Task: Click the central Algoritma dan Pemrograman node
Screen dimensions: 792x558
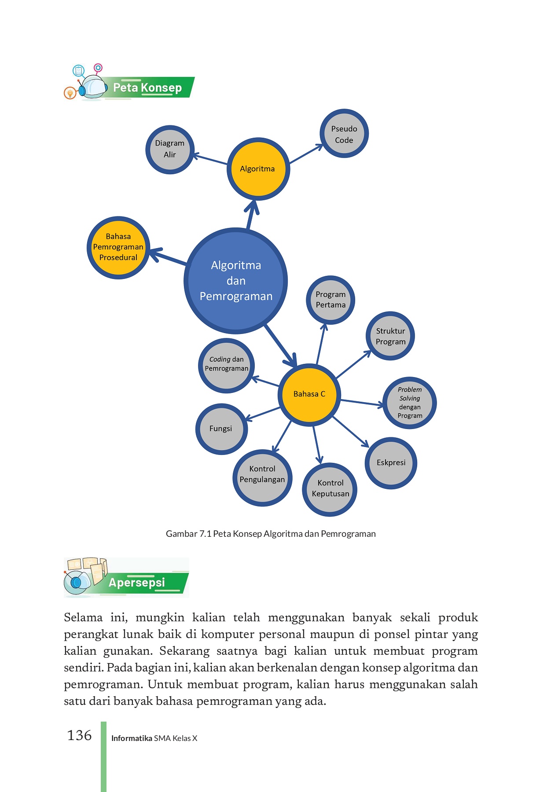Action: coord(236,281)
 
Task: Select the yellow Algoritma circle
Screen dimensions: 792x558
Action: coord(258,169)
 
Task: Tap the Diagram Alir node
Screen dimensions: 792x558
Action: coord(170,149)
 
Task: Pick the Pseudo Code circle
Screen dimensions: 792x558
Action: coord(344,134)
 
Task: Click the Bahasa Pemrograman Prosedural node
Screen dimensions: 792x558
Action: coord(118,247)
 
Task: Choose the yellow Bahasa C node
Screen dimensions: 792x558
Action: coord(309,394)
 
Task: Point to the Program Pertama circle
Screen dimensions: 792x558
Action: coord(330,300)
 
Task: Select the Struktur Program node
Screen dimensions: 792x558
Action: coord(390,336)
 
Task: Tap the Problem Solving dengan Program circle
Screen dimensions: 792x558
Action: coord(410,403)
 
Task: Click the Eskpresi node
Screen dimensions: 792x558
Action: coord(391,463)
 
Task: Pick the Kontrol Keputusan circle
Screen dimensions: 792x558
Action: coord(330,489)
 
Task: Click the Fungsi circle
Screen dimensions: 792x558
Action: coord(221,429)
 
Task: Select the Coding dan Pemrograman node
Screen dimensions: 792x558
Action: coord(227,365)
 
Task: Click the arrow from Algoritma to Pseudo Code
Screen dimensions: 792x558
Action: coord(306,154)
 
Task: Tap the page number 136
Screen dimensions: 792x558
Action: coord(79,736)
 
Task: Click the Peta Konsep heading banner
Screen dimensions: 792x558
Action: coord(147,88)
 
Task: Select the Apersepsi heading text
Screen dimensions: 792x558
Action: coord(137,583)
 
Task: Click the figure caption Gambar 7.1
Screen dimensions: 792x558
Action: coord(271,534)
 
